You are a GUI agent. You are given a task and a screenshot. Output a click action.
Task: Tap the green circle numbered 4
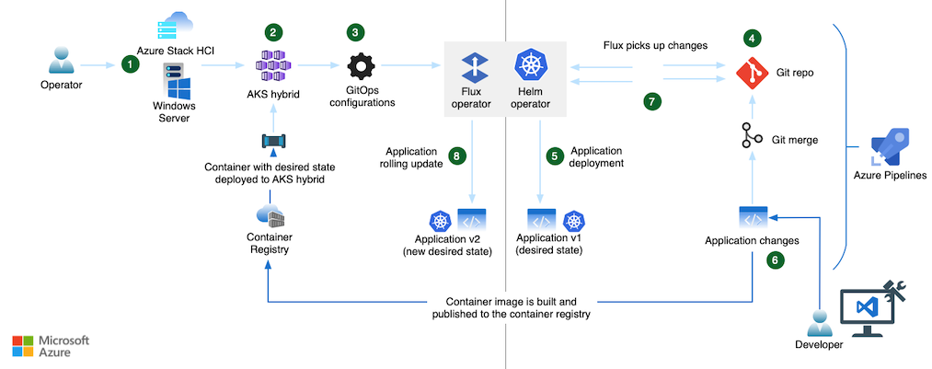[x=754, y=39]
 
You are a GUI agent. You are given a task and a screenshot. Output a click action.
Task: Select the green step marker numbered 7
[x=653, y=102]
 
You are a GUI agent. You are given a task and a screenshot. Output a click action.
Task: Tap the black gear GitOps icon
[x=361, y=68]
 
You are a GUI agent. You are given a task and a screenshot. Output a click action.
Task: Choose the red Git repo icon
[x=753, y=70]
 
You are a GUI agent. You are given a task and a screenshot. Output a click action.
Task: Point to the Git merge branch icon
[x=753, y=139]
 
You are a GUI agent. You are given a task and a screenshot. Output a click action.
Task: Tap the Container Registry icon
[x=270, y=217]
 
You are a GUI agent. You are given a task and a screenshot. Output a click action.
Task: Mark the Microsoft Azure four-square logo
[x=23, y=346]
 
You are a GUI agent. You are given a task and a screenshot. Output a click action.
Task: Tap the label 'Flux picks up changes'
[x=654, y=44]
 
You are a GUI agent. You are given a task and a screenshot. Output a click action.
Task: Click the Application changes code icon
[x=753, y=218]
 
